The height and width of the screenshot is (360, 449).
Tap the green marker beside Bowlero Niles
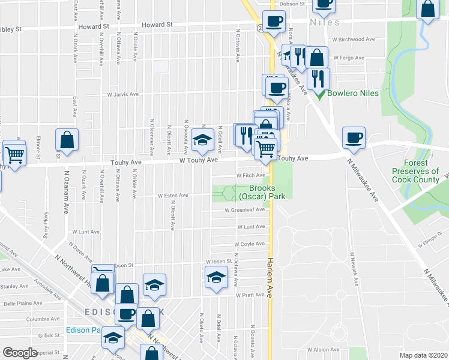pos(321,94)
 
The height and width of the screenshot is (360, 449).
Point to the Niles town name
pos(325,23)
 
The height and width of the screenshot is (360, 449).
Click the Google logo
pos(20,353)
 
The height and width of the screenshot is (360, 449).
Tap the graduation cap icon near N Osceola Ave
pos(203,140)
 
